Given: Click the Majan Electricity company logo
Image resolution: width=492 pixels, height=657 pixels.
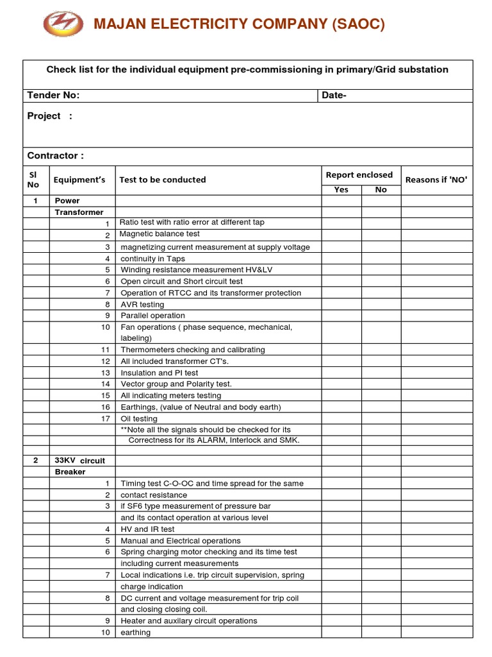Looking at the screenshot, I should pyautogui.click(x=63, y=24).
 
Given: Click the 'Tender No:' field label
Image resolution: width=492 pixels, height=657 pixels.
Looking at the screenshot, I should pyautogui.click(x=53, y=96).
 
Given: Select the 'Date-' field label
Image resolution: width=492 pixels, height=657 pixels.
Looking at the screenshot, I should pyautogui.click(x=334, y=96).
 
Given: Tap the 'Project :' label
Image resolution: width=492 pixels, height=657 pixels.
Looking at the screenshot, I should pyautogui.click(x=49, y=116).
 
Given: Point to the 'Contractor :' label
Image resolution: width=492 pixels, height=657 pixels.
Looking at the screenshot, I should pyautogui.click(x=55, y=156).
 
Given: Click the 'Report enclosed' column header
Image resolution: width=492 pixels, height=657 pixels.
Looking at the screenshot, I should pyautogui.click(x=359, y=175).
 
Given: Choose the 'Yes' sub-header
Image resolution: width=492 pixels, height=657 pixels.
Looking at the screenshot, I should pyautogui.click(x=341, y=189).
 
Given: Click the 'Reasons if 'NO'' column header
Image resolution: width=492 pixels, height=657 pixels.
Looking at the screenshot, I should pyautogui.click(x=436, y=180).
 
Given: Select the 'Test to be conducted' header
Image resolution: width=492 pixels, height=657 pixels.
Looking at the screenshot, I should pyautogui.click(x=162, y=180).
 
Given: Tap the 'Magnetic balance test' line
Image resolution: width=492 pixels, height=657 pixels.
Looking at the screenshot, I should pyautogui.click(x=160, y=234).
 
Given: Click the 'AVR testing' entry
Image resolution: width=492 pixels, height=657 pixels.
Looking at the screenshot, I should pyautogui.click(x=142, y=304).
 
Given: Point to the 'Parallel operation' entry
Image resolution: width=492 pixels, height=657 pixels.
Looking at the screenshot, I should pyautogui.click(x=152, y=316).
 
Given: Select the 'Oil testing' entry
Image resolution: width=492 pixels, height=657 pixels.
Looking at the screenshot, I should pyautogui.click(x=139, y=418).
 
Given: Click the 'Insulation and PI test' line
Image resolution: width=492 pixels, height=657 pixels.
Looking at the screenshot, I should pyautogui.click(x=160, y=373).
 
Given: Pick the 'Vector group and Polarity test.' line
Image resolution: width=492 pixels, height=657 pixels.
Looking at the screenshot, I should pyautogui.click(x=176, y=384).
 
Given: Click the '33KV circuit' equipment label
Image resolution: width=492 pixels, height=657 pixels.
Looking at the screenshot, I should pyautogui.click(x=79, y=461).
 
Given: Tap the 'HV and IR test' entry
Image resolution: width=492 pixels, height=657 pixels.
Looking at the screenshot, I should pyautogui.click(x=147, y=529).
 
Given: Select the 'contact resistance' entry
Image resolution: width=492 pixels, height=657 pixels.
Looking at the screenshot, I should pyautogui.click(x=154, y=495).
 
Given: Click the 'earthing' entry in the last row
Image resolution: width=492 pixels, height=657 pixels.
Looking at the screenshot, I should pyautogui.click(x=136, y=633).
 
